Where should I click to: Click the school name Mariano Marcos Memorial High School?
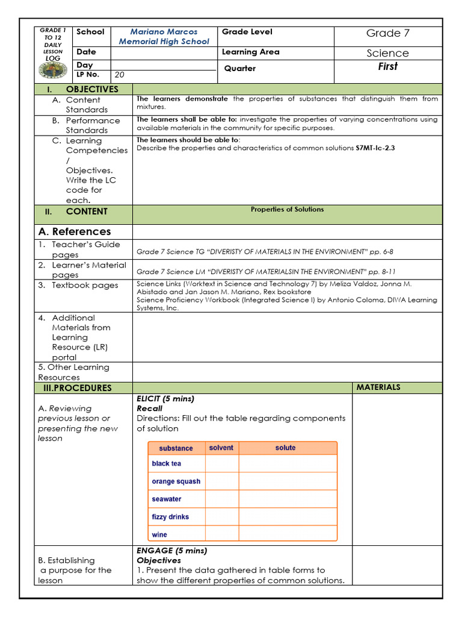pyautogui.click(x=164, y=36)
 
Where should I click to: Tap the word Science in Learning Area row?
pyautogui.click(x=387, y=53)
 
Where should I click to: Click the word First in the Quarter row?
pyautogui.click(x=387, y=67)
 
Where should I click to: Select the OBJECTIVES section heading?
pyautogui.click(x=92, y=89)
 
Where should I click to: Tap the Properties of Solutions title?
pyautogui.click(x=287, y=210)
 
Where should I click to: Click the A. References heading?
pyautogui.click(x=75, y=231)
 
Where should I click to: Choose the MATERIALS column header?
pyautogui.click(x=378, y=387)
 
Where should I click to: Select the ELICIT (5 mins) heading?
pyautogui.click(x=165, y=398)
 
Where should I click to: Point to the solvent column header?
pyautogui.click(x=221, y=448)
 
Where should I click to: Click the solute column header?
pyautogui.click(x=286, y=448)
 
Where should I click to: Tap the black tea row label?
pyautogui.click(x=166, y=463)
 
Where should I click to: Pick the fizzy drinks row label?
pyautogui.click(x=170, y=516)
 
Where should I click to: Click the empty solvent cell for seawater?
pyautogui.click(x=222, y=499)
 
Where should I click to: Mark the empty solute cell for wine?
pyautogui.click(x=288, y=534)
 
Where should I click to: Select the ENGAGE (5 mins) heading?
pyautogui.click(x=171, y=550)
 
